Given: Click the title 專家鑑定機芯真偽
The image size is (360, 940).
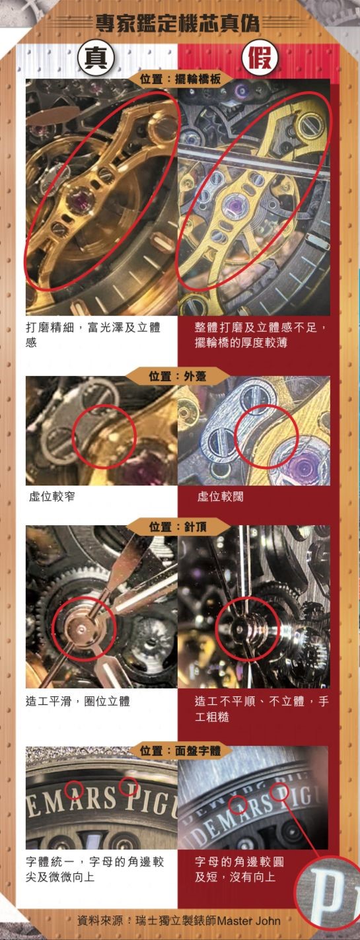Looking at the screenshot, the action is [x=177, y=22].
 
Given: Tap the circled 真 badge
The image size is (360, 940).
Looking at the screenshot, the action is [x=96, y=57].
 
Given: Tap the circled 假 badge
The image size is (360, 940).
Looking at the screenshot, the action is [x=260, y=57].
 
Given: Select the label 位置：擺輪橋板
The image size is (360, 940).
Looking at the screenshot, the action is [x=180, y=79].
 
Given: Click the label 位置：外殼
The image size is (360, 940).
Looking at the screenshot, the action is [x=178, y=376].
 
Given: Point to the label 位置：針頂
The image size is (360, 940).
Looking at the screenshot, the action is [x=178, y=526].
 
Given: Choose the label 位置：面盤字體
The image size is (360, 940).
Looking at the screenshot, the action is [x=180, y=750].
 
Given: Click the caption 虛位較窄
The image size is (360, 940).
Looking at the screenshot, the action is [x=52, y=497].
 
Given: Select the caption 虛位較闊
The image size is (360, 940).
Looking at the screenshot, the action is [x=220, y=497].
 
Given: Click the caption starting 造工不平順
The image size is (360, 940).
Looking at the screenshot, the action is [x=261, y=709].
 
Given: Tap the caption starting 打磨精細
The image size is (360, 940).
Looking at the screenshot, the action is [x=93, y=334].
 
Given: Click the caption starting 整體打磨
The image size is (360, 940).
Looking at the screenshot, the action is [x=261, y=334].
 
